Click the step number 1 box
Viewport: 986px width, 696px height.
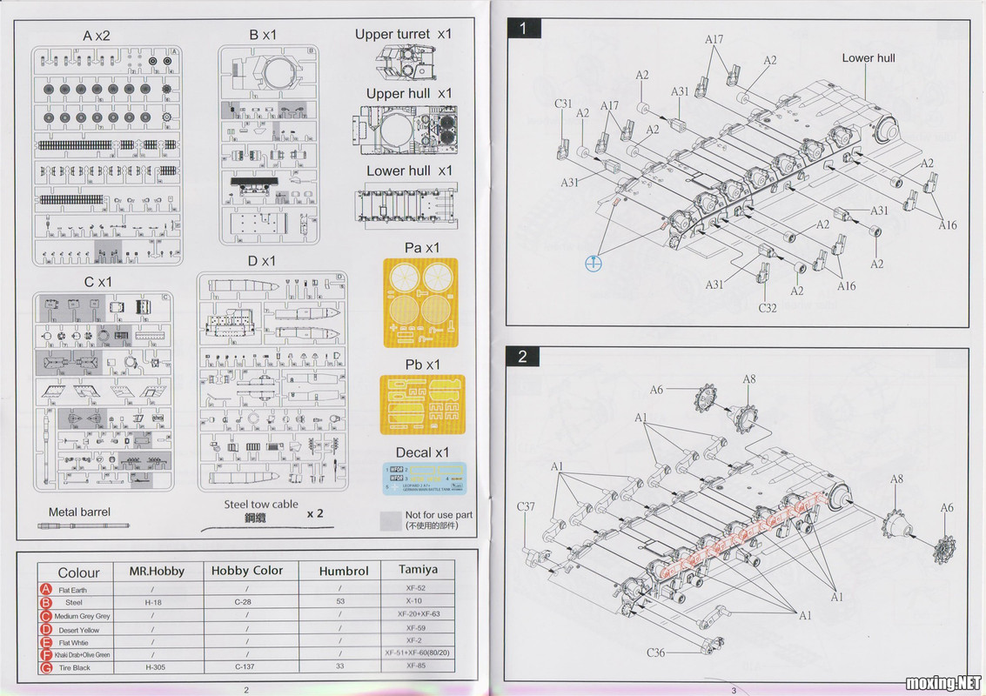(x=523, y=28)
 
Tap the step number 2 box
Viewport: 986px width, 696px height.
(x=522, y=356)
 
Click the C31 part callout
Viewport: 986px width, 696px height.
(x=564, y=104)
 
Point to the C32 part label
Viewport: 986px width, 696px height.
(x=767, y=307)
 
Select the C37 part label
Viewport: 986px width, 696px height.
(x=526, y=506)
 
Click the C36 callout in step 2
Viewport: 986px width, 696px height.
(x=656, y=652)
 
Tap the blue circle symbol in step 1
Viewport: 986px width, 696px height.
(x=594, y=263)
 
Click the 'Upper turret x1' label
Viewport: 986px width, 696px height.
(x=403, y=35)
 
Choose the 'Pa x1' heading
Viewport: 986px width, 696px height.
(x=422, y=248)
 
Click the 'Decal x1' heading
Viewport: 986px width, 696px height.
(x=422, y=452)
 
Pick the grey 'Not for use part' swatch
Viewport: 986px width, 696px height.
(x=391, y=520)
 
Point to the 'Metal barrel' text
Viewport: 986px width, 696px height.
(x=79, y=512)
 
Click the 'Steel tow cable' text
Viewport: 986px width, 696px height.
(x=260, y=504)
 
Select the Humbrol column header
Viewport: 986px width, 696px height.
(x=343, y=571)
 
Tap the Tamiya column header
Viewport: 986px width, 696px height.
(x=418, y=570)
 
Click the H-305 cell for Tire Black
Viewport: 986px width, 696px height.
(x=154, y=667)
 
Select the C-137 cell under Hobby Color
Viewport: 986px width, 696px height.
(x=248, y=667)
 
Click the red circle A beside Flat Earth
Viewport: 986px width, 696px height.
(x=45, y=590)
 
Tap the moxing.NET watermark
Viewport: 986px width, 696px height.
(x=943, y=681)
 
